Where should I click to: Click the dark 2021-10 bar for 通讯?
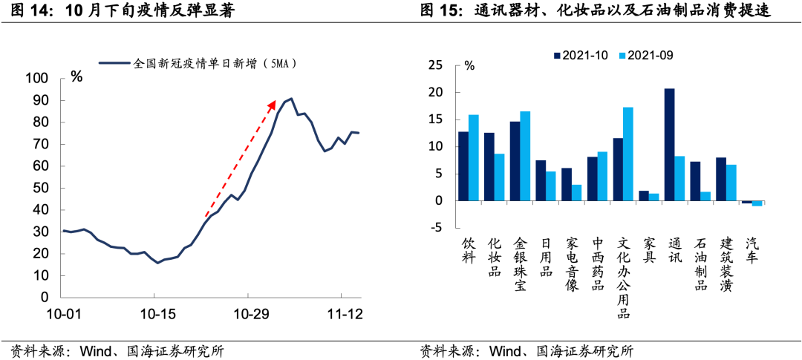(669, 145)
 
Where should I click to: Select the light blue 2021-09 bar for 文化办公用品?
(628, 154)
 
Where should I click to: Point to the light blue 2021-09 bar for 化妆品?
(499, 177)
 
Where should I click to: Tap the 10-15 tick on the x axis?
(157, 314)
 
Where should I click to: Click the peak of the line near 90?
(291, 99)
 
